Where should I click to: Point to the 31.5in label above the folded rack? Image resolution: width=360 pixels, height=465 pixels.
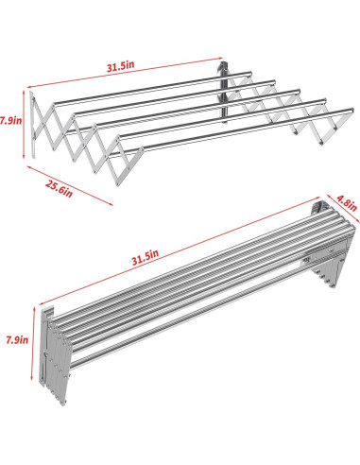148,253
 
